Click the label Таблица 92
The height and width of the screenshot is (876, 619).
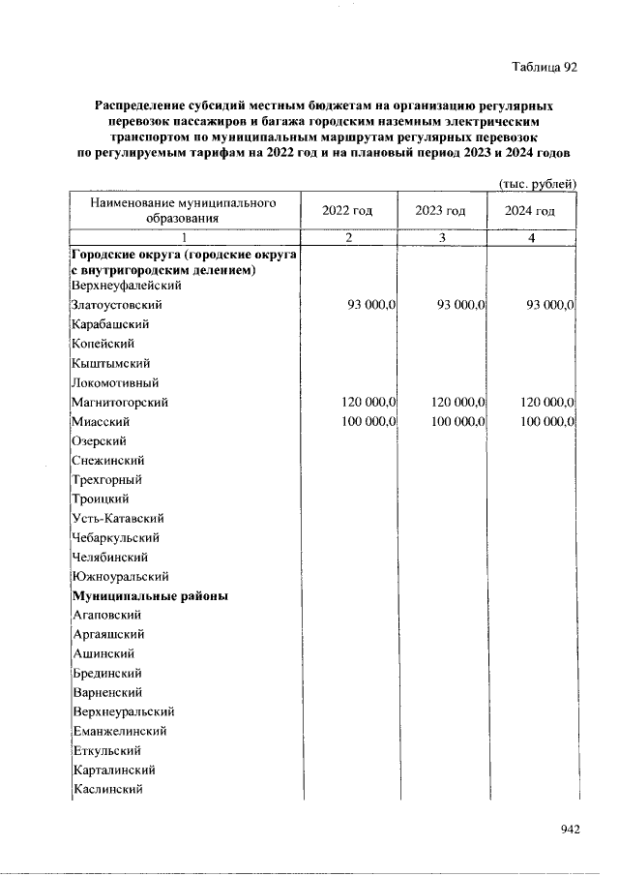[544, 68]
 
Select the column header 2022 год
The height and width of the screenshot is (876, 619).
[347, 211]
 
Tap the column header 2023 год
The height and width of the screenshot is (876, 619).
[440, 211]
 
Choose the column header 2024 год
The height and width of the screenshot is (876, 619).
[530, 211]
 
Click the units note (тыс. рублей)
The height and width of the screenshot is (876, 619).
[537, 185]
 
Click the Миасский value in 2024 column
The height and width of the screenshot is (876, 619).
[546, 421]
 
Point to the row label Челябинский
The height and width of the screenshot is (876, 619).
[109, 558]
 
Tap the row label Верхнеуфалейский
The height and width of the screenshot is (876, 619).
[128, 286]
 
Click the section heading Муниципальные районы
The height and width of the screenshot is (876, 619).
[150, 596]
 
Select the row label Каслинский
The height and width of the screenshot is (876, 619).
[108, 790]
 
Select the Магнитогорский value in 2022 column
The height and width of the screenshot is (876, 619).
[368, 402]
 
